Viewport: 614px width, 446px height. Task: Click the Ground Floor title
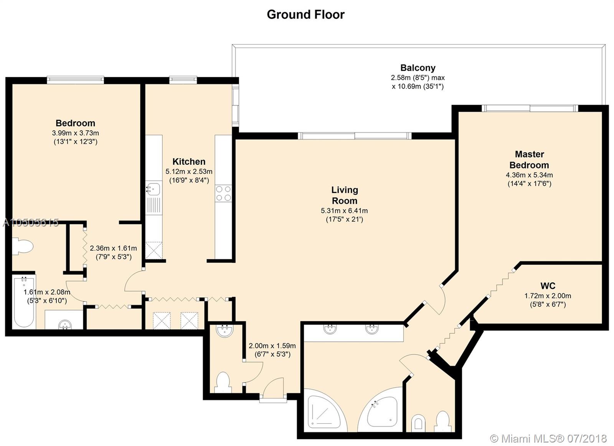[x=305, y=15]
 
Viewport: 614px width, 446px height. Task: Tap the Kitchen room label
[x=189, y=161]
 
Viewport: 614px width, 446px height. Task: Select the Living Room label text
[x=345, y=195]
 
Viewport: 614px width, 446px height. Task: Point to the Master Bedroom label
[x=529, y=160]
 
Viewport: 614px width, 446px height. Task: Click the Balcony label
[x=418, y=67]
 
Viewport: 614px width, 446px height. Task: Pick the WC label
[x=548, y=286]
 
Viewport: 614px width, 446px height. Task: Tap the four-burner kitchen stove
[x=223, y=193]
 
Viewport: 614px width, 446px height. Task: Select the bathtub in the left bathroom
[x=24, y=302]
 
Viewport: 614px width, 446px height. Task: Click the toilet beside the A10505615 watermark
[x=23, y=246]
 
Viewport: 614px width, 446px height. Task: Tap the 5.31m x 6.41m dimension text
[x=344, y=211]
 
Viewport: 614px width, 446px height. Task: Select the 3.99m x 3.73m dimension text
[x=75, y=133]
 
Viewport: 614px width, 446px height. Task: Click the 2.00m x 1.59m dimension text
[x=272, y=346]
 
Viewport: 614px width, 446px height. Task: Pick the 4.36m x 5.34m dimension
[x=529, y=175]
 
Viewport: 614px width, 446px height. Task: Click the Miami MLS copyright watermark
[x=548, y=439]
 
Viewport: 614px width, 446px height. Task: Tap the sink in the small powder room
[x=224, y=331]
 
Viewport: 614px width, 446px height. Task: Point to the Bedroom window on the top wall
[x=75, y=80]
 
